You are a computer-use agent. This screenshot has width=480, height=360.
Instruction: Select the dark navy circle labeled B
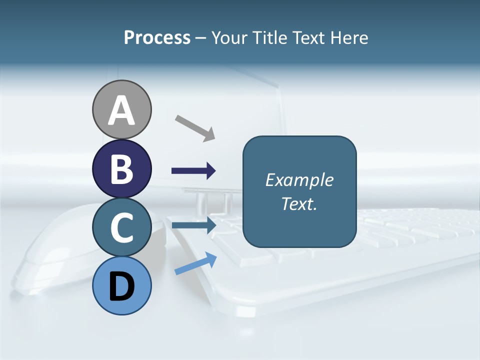tap(122, 168)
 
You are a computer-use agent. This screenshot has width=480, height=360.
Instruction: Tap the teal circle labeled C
tap(122, 227)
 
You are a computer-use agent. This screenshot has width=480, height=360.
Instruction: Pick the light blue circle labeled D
tap(122, 285)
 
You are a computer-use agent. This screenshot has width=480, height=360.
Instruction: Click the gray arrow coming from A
tap(195, 128)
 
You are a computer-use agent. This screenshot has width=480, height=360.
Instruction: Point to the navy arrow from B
tap(194, 171)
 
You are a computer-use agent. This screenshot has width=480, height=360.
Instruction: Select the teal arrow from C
tap(194, 225)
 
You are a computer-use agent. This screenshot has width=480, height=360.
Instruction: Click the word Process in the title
tap(157, 38)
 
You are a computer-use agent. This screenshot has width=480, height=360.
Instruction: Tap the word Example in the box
tap(299, 180)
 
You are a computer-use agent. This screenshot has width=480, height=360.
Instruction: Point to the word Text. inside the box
tap(299, 204)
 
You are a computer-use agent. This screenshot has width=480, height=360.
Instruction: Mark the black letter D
tap(122, 287)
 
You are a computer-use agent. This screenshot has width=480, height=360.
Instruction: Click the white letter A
tap(122, 111)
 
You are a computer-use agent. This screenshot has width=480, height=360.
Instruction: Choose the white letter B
tap(122, 169)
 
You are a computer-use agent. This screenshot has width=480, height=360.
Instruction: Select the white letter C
tap(122, 228)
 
